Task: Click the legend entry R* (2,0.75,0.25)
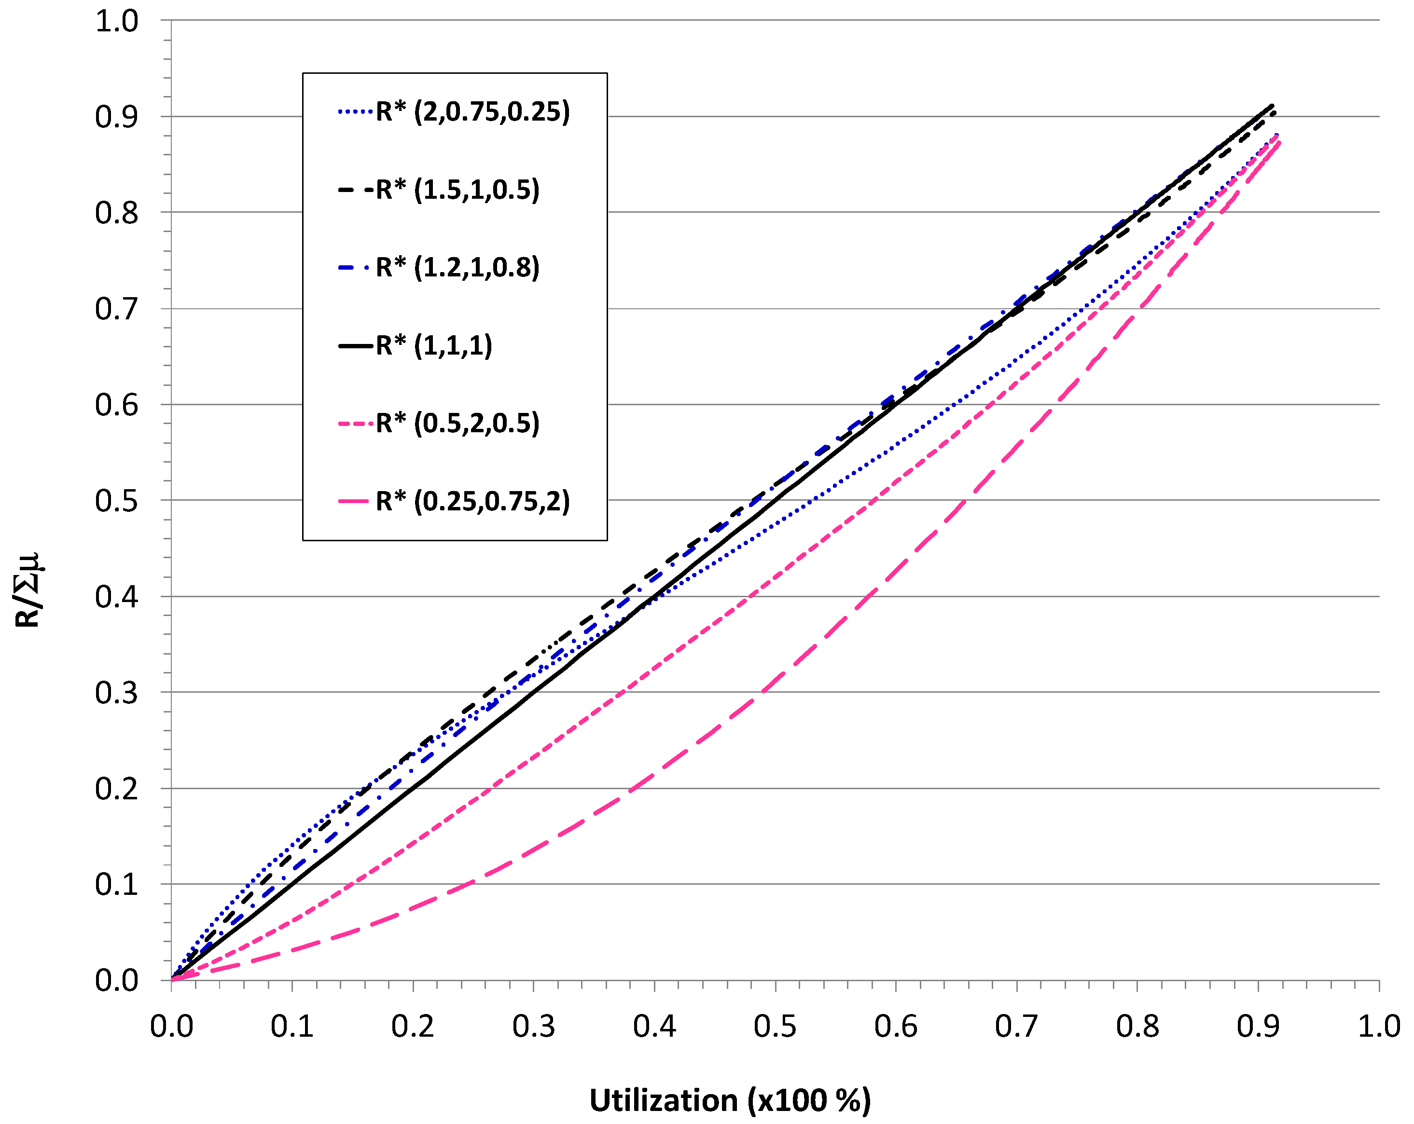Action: [472, 112]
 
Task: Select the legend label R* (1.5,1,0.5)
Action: [457, 190]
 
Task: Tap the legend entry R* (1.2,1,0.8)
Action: [457, 268]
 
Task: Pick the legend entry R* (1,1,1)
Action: [433, 345]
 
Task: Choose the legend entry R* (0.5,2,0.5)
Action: [457, 423]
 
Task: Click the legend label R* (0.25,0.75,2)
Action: [472, 501]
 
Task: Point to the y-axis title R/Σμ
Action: [28, 590]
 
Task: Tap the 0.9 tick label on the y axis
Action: [117, 117]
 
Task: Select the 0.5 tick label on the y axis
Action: [117, 501]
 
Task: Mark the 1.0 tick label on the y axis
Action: [117, 21]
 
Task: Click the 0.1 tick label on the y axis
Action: [117, 885]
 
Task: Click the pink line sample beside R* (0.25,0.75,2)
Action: [355, 502]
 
